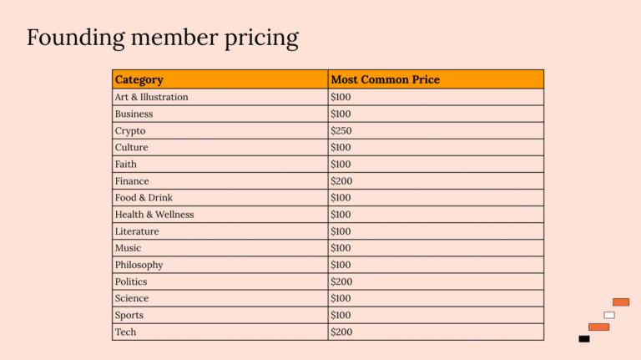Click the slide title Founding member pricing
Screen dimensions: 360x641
162,38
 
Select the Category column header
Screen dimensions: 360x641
139,79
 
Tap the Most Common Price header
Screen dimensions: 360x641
385,79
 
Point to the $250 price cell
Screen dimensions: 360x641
341,131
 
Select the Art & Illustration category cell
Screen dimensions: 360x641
151,97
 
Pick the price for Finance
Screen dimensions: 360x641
341,181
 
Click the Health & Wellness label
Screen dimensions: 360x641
154,215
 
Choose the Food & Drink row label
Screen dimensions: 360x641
144,198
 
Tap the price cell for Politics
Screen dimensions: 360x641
341,281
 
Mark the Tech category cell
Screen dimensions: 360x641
125,332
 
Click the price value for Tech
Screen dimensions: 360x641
341,332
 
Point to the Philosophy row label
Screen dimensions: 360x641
139,265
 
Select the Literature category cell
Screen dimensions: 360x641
136,231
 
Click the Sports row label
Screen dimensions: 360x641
129,315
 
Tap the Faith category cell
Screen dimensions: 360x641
125,165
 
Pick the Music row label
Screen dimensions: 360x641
128,248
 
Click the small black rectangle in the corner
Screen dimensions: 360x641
584,339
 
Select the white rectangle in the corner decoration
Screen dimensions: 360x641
609,315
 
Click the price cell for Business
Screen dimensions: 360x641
341,114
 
